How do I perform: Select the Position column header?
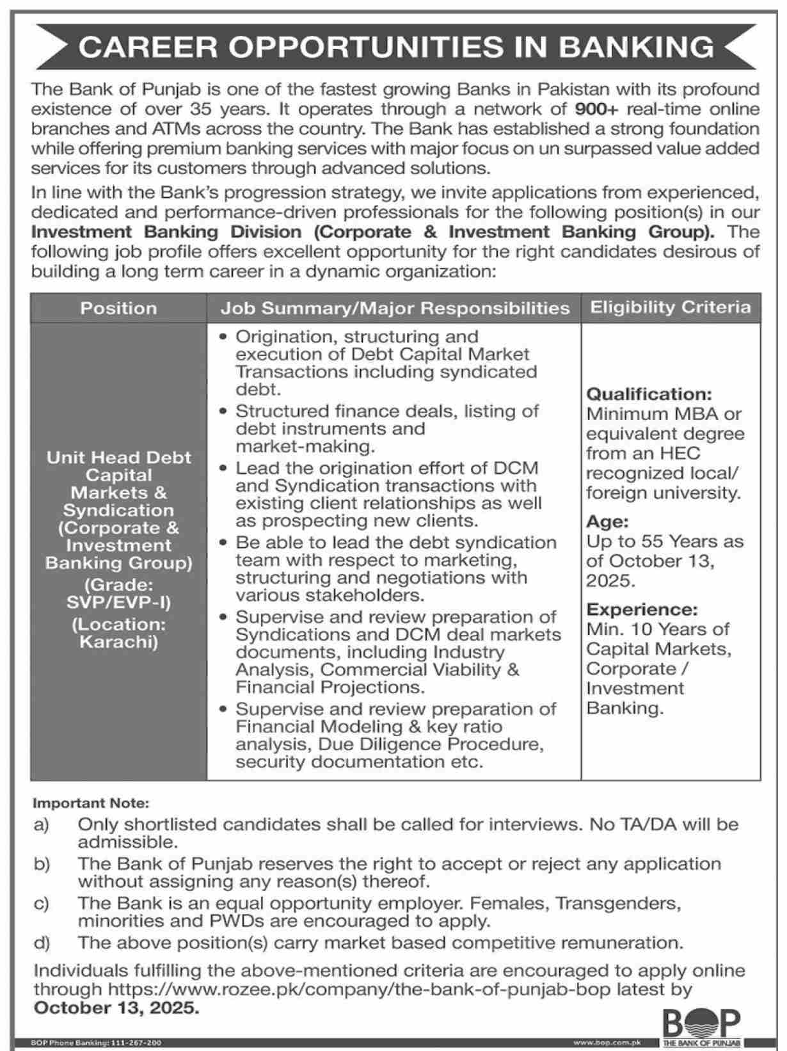pyautogui.click(x=118, y=308)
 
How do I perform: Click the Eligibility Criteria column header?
pyautogui.click(x=670, y=307)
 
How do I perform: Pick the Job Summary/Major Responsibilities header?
pyautogui.click(x=395, y=309)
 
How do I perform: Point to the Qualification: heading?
pyautogui.click(x=649, y=394)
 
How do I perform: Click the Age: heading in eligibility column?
pyautogui.click(x=607, y=522)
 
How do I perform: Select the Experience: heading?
pyautogui.click(x=642, y=609)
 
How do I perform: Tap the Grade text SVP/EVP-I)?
pyautogui.click(x=119, y=602)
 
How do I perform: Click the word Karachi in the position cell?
pyautogui.click(x=119, y=642)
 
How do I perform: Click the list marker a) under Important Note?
pyautogui.click(x=42, y=825)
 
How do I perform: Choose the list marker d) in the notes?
pyautogui.click(x=42, y=943)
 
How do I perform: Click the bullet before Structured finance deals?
pyautogui.click(x=223, y=411)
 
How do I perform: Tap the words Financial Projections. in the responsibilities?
pyautogui.click(x=330, y=687)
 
